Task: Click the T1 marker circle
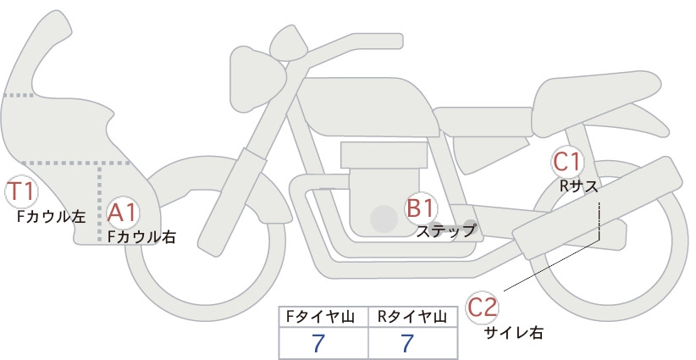21,192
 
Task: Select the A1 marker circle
122,213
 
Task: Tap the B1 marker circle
420,208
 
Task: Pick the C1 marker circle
566,162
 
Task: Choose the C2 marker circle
482,307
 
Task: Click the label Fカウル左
51,216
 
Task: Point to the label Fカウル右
141,236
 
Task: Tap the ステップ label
446,231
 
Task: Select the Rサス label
578,186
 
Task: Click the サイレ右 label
514,333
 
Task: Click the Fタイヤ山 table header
320,317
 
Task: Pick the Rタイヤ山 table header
412,317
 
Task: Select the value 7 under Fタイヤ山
318,343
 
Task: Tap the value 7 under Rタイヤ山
407,343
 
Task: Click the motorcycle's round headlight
257,80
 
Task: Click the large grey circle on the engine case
384,219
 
